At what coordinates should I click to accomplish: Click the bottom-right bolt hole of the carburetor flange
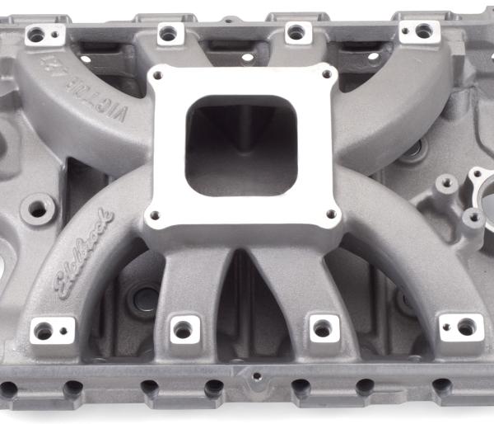(x=331, y=214)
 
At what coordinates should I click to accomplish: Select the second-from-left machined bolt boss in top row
(x=168, y=34)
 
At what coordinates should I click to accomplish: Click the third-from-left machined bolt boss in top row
(x=295, y=33)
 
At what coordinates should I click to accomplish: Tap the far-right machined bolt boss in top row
(x=422, y=31)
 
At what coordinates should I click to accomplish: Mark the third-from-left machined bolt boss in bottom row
(x=322, y=328)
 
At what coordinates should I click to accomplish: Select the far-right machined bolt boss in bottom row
(x=465, y=327)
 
